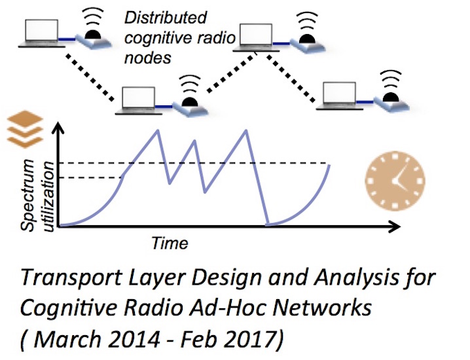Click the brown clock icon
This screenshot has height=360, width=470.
pos(395,181)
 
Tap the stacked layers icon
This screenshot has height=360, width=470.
pos(25,129)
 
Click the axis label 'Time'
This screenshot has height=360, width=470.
pos(170,243)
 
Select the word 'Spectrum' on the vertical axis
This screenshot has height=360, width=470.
pos(27,195)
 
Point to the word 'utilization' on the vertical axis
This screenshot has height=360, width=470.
pos(49,196)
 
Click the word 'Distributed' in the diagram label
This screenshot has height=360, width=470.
pos(166,18)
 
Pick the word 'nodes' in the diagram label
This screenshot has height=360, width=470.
pos(147,57)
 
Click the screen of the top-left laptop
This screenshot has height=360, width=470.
pos(42,30)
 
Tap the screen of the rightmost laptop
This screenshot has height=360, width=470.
pos(340,93)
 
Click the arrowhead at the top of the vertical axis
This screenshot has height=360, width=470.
pos(59,128)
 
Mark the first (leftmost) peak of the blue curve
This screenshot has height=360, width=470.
pos(157,130)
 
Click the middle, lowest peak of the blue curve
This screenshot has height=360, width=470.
pos(195,141)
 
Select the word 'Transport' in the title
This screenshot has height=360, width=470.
pos(71,278)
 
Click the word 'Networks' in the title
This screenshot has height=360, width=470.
pos(321,307)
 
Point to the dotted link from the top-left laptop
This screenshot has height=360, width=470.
pos(90,77)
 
